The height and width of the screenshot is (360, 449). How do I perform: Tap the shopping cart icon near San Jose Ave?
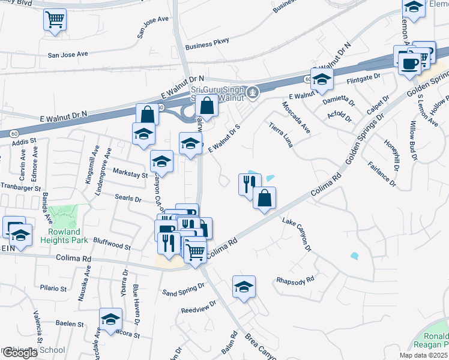click(55, 20)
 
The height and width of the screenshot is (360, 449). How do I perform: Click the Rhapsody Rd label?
click(295, 280)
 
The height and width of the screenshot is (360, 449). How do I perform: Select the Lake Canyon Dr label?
click(298, 235)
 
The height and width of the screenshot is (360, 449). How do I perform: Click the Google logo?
click(19, 353)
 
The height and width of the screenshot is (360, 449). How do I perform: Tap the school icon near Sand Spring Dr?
click(244, 287)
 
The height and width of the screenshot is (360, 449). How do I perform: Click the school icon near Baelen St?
click(110, 319)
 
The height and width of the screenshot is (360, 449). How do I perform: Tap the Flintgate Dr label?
click(364, 77)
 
